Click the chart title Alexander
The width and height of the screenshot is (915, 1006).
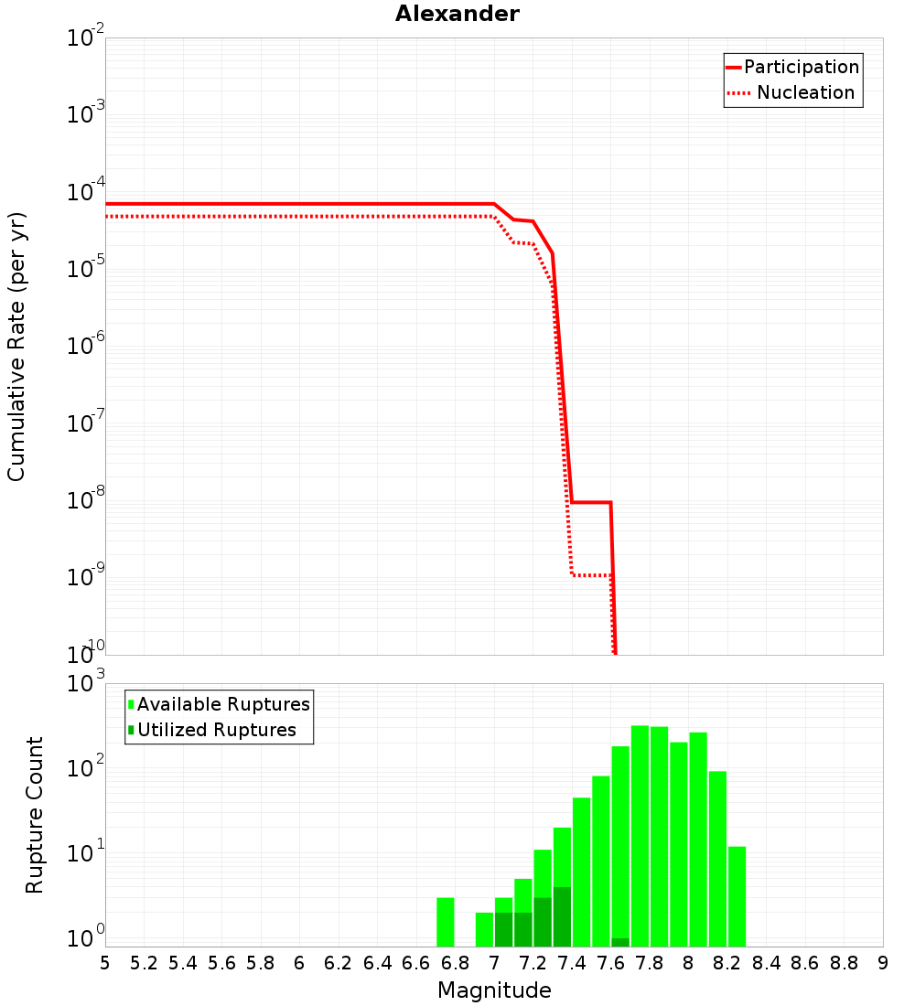tap(457, 15)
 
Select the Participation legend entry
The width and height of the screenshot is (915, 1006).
tap(802, 68)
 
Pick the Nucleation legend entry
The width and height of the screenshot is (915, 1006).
tap(805, 93)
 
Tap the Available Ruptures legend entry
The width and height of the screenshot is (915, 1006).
tap(223, 704)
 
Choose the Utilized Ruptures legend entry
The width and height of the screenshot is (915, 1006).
tap(216, 730)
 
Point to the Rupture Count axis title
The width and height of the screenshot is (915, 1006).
tap(35, 815)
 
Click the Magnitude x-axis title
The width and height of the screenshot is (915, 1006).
tap(494, 990)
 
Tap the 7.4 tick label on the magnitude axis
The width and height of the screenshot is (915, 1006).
tap(572, 963)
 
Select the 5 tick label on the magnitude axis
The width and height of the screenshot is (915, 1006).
tap(105, 963)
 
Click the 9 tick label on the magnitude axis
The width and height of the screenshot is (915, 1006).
tap(883, 963)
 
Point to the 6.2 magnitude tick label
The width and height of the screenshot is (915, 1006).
tap(339, 963)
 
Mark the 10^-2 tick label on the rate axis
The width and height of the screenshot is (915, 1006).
tap(86, 38)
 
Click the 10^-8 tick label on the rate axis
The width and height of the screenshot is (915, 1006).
tap(86, 500)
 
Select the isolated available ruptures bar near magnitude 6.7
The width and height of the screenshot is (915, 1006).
tap(446, 922)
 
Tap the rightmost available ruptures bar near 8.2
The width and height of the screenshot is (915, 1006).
tap(737, 896)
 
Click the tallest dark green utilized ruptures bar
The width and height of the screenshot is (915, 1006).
tap(562, 916)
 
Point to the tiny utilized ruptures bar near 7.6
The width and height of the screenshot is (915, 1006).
tap(620, 942)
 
